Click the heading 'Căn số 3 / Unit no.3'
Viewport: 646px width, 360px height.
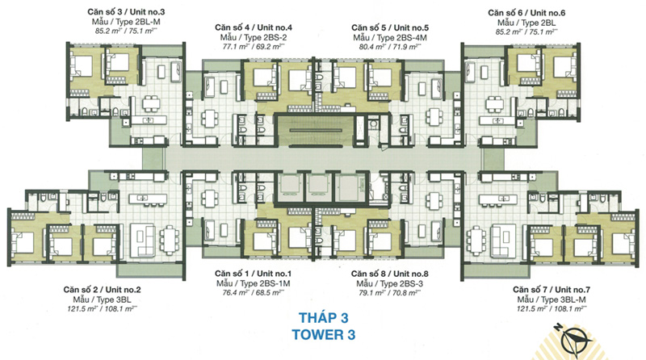click(x=126, y=12)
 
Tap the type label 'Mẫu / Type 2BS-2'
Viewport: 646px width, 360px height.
click(x=253, y=37)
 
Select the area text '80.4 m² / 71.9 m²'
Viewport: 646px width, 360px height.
click(x=390, y=47)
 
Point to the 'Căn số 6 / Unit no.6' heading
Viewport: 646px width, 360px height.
click(x=526, y=13)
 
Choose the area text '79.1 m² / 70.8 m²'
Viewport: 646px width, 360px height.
click(x=389, y=293)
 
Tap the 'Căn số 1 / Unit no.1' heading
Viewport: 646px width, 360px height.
click(x=253, y=274)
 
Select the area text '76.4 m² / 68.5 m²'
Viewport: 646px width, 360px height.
click(x=254, y=293)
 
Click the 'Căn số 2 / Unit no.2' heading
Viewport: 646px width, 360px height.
click(x=103, y=290)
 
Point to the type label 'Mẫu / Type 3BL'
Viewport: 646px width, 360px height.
click(x=103, y=299)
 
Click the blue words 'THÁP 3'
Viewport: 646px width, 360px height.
click(x=324, y=317)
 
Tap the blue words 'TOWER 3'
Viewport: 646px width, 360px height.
click(x=324, y=334)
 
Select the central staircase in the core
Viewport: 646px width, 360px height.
click(x=314, y=131)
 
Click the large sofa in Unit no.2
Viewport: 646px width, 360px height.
click(x=143, y=241)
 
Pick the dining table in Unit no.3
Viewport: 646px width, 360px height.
click(x=152, y=103)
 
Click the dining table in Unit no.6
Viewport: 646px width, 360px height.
click(x=493, y=103)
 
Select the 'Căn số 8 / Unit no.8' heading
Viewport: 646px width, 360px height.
click(x=389, y=274)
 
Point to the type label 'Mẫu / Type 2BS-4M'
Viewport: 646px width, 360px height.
click(x=390, y=37)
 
